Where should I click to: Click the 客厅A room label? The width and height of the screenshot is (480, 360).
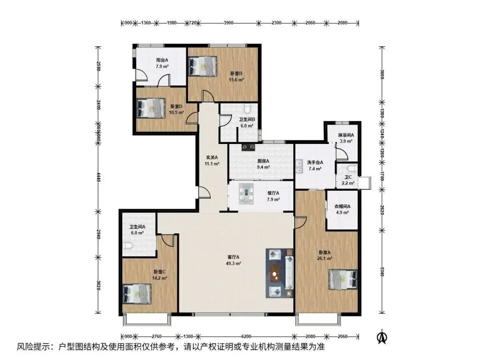tap(233, 257)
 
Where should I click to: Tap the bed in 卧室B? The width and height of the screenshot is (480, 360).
tap(203, 66)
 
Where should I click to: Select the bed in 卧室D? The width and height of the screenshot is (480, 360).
tap(151, 108)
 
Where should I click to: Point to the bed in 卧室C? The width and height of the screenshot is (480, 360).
tap(137, 294)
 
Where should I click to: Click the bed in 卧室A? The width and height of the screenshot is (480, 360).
tap(343, 279)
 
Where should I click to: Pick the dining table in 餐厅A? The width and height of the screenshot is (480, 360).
tap(246, 193)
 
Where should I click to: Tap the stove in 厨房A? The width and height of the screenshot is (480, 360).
tap(248, 148)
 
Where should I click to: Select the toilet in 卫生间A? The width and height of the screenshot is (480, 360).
tap(128, 246)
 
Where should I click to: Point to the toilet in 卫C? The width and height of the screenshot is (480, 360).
tap(352, 168)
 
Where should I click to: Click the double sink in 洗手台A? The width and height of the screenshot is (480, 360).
tap(299, 166)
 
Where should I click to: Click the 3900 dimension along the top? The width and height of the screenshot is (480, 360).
tap(228, 23)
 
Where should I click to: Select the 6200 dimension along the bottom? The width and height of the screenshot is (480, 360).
tap(246, 336)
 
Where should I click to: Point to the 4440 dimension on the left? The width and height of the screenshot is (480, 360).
tap(98, 177)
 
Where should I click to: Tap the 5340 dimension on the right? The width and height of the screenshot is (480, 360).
tap(382, 271)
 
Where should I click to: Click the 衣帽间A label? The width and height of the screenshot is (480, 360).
tap(342, 206)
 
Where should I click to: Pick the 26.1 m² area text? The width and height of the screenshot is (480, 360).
tap(324, 258)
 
